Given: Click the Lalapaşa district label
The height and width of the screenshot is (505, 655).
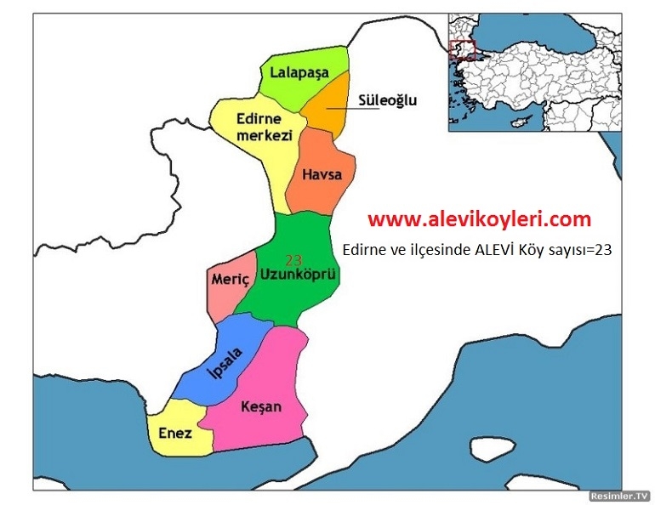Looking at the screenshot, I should pos(299,73).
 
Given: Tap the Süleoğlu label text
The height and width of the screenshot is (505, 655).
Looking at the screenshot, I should pos(388,100).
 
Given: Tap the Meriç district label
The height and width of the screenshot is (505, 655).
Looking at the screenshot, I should pos(228,278).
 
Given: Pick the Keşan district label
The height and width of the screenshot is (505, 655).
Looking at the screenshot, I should pos(260,406).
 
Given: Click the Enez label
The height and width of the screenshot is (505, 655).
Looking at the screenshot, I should pos(175,433).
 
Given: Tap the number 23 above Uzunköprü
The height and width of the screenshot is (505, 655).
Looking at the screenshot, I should pos(294,260).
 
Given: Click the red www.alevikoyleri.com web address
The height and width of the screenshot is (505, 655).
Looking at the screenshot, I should pos(479,219).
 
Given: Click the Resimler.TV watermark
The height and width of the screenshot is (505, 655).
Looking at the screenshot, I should pos(619,494).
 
